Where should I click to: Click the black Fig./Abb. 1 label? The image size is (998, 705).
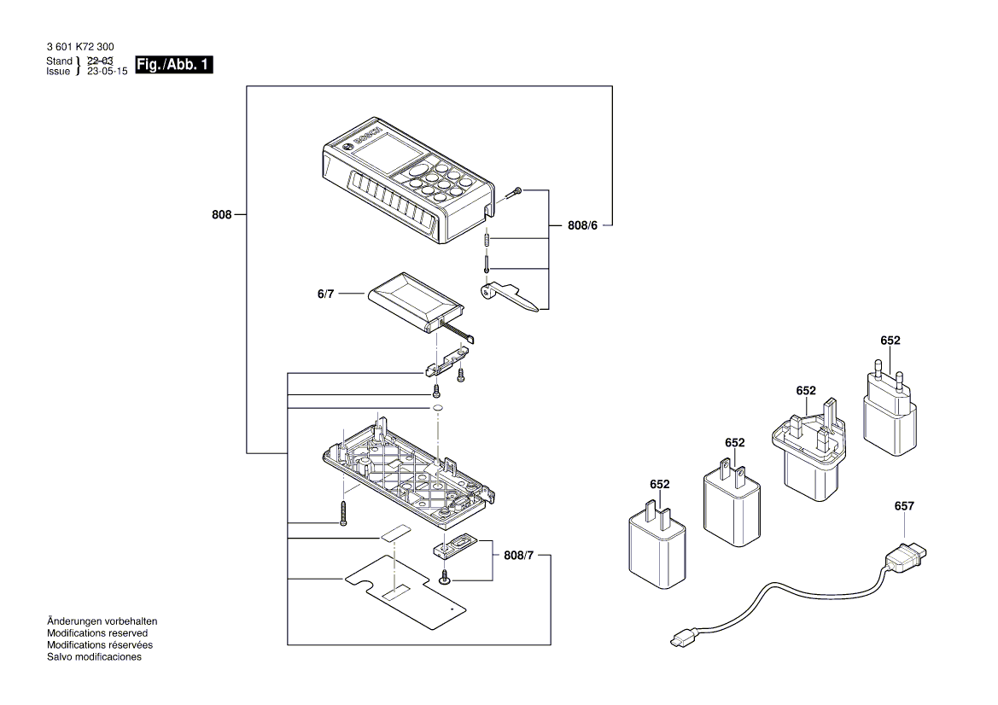[173, 66]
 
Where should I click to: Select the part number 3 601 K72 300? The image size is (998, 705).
[79, 48]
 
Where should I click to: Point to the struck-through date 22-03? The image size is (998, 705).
[100, 61]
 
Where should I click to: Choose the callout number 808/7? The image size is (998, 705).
[520, 556]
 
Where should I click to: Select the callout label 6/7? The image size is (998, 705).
[325, 294]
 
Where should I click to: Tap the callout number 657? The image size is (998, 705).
[903, 506]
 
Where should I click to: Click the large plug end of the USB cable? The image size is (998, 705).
[903, 558]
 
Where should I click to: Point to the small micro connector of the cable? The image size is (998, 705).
[684, 638]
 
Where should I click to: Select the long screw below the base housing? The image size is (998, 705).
[343, 512]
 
